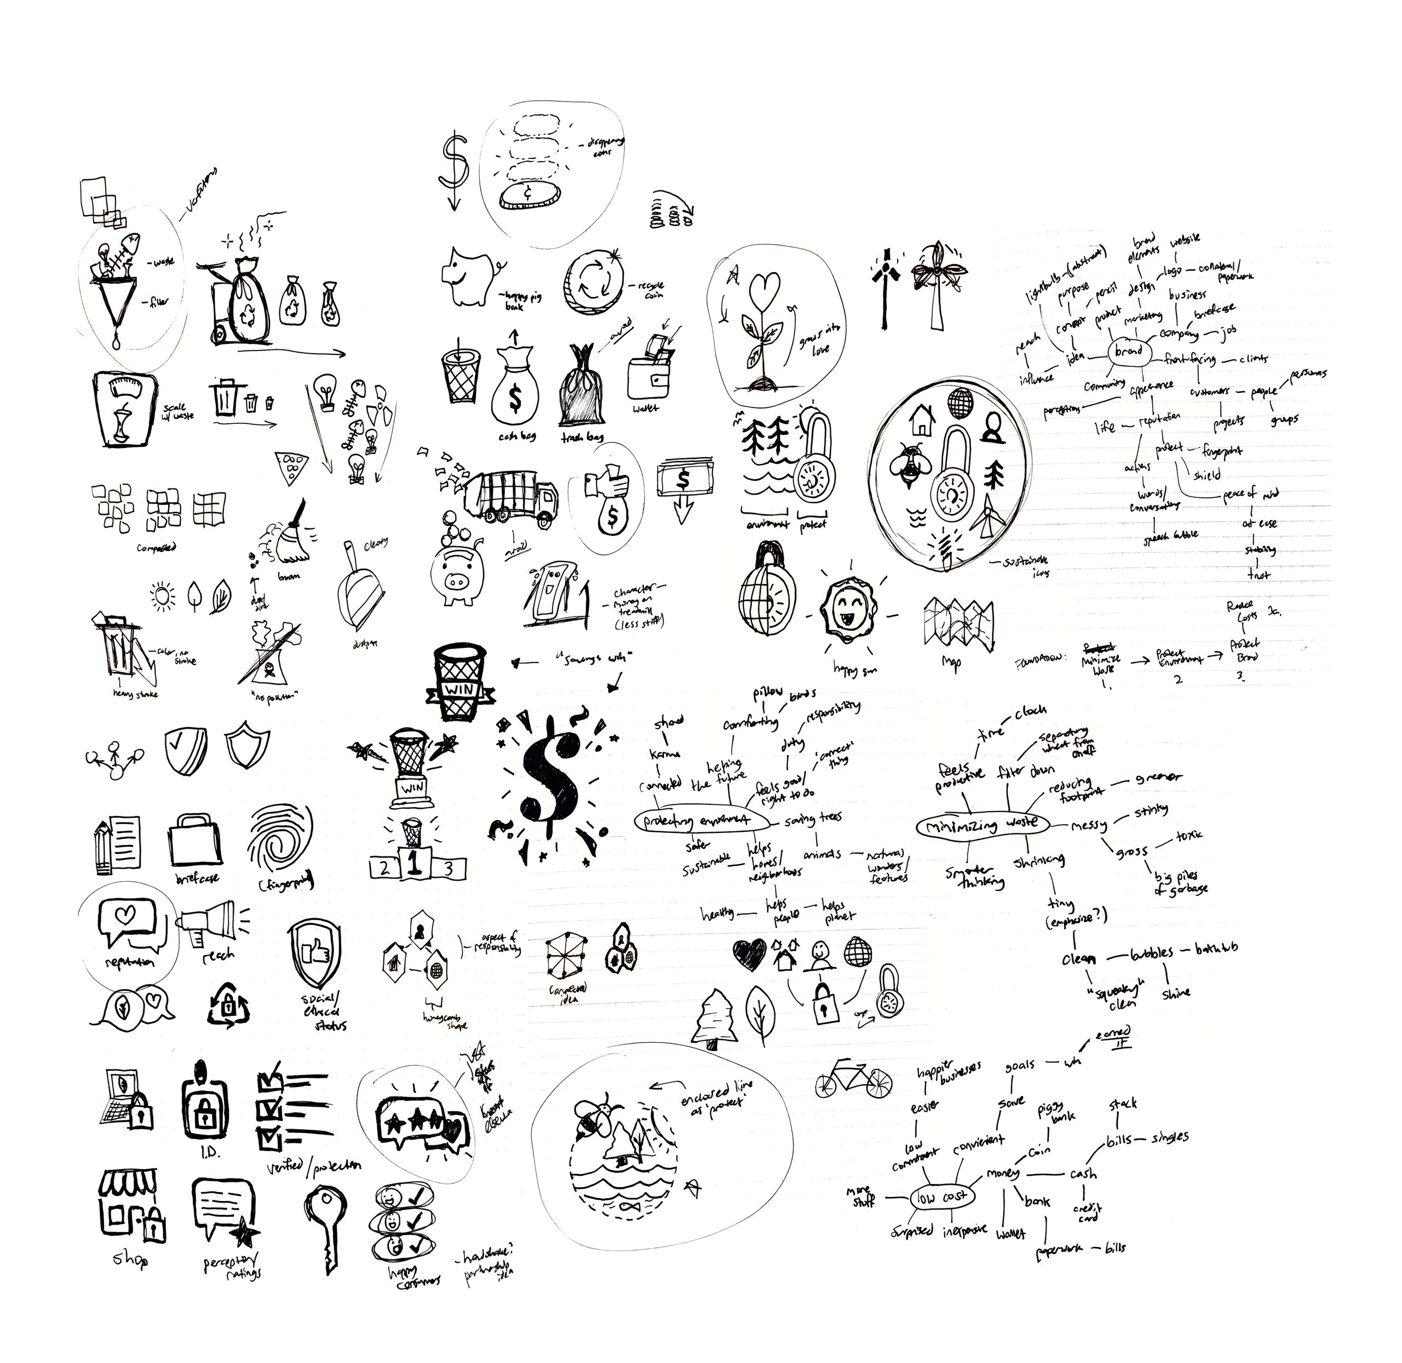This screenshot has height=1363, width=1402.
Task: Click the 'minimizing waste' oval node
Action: [982, 825]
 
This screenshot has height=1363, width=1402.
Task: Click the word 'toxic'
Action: [1188, 836]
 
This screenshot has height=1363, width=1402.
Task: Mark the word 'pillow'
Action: [768, 692]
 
